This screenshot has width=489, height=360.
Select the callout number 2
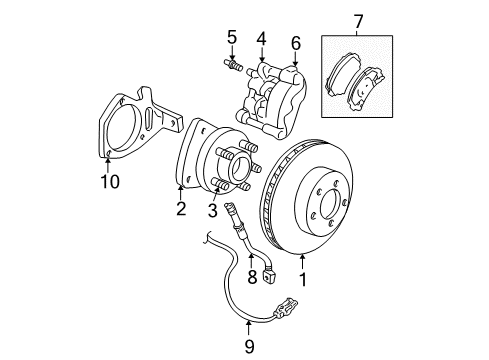point(180,208)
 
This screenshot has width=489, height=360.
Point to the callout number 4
point(261,41)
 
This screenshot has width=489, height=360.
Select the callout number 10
point(109,180)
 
